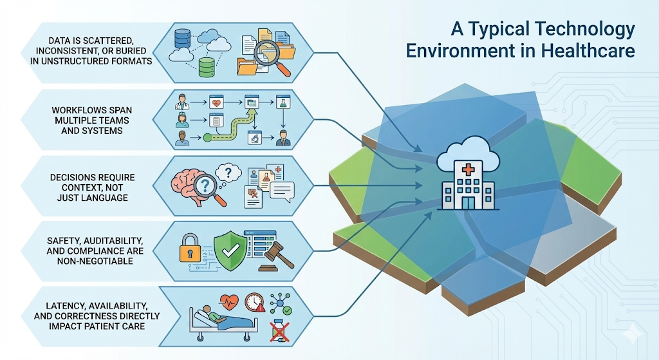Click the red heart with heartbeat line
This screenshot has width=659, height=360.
click(230, 300)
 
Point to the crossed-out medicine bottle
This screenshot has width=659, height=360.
click(278, 330)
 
